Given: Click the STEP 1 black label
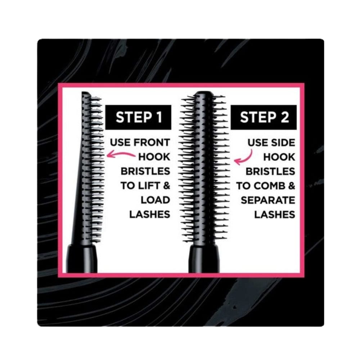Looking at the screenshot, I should tap(138, 117).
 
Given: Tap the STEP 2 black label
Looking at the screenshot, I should tap(264, 117).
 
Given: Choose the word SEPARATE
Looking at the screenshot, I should tap(267, 200).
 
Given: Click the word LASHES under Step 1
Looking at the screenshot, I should tap(149, 214).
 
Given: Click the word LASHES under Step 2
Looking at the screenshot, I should tap(274, 214).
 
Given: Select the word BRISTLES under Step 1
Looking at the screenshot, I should tap(145, 171).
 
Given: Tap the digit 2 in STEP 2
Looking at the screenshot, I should tap(284, 117).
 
